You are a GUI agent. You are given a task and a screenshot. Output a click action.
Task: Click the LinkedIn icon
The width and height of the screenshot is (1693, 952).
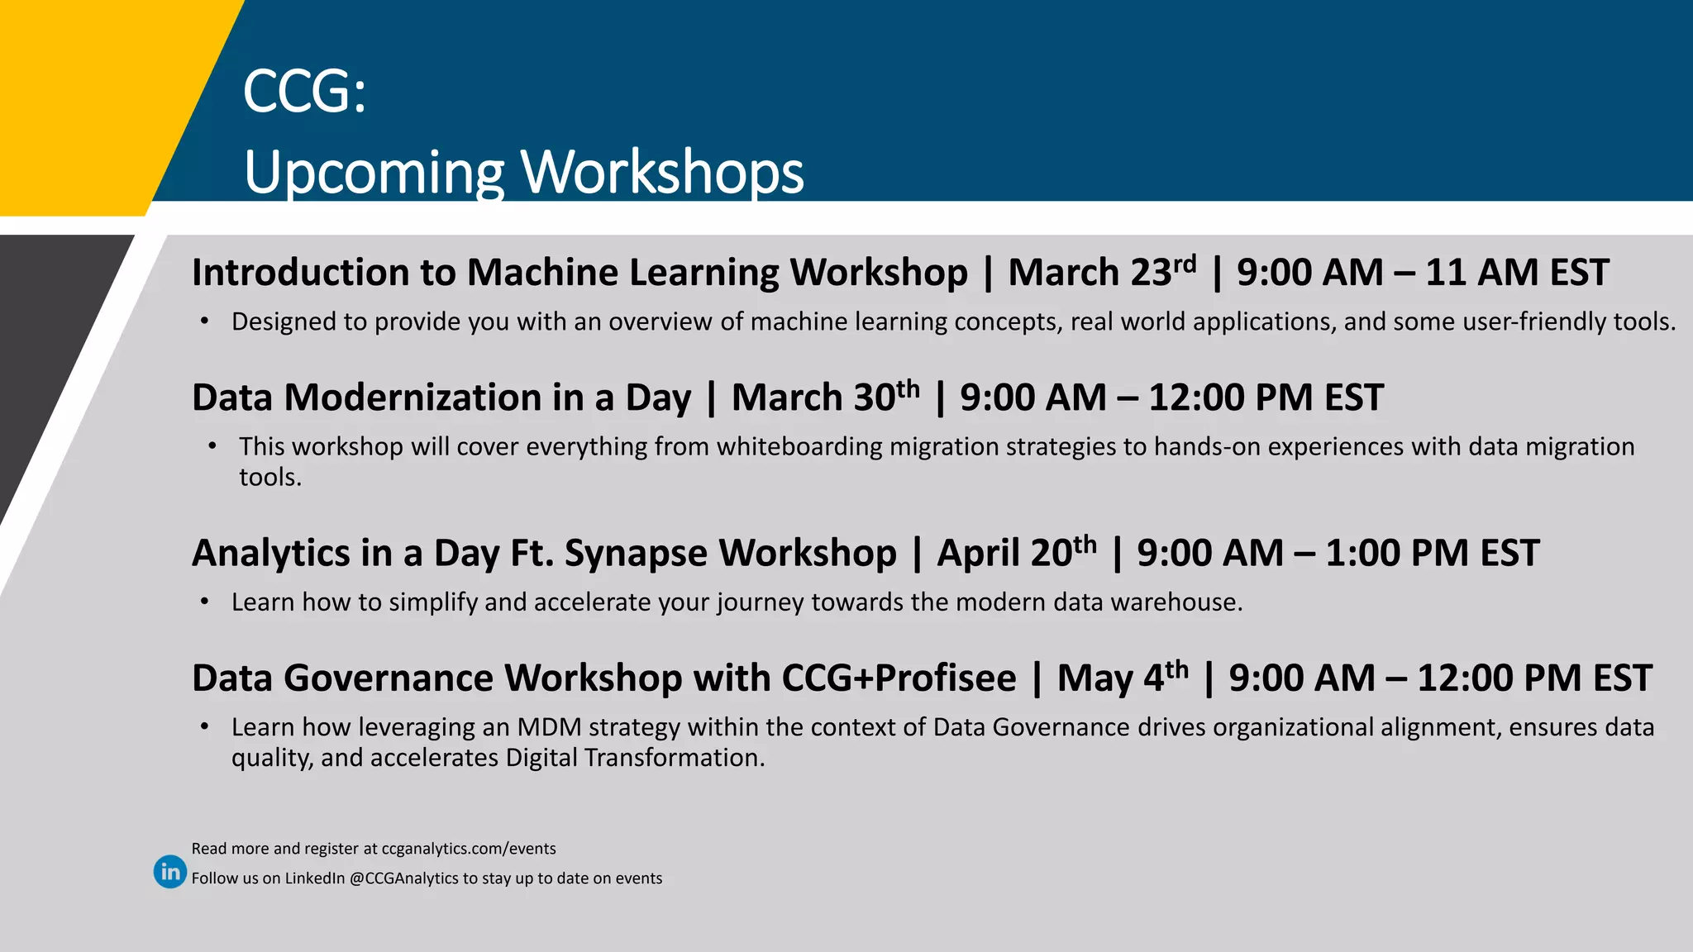(170, 872)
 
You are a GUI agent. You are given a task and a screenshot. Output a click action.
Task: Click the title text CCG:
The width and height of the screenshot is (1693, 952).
(304, 92)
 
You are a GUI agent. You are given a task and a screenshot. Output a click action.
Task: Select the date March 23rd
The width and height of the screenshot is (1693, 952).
(1101, 273)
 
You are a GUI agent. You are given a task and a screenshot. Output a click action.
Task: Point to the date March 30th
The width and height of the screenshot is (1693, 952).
(825, 397)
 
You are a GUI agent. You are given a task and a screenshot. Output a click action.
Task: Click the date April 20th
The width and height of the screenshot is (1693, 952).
(1016, 553)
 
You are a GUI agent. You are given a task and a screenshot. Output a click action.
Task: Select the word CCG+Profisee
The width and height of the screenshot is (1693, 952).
(899, 678)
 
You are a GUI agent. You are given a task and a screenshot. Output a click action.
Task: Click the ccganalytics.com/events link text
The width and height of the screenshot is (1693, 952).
(468, 849)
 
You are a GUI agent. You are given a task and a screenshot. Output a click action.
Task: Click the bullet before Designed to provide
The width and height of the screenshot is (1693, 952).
(204, 321)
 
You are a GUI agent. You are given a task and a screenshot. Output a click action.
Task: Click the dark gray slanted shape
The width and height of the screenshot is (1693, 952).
(50, 347)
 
